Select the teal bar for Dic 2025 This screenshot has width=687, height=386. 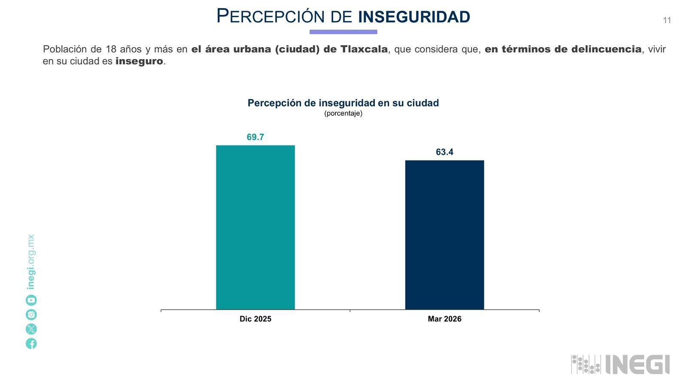255,227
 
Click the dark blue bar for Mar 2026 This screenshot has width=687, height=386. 445,235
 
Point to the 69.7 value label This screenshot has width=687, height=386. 255,137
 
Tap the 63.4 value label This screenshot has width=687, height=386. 445,152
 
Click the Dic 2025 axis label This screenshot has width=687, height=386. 255,319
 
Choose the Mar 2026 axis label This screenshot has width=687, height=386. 445,319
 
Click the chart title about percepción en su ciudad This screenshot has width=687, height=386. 343,103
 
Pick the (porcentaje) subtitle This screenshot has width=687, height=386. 343,113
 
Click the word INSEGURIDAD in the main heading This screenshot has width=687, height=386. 414,17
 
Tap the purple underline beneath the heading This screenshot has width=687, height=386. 343,32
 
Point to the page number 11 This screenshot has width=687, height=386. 667,20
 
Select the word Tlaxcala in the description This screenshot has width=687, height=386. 364,49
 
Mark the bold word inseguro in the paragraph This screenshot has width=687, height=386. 139,61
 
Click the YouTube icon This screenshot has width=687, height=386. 31,300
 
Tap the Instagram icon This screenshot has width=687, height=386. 31,315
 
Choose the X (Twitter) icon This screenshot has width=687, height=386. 31,329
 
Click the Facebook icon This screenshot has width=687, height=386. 31,344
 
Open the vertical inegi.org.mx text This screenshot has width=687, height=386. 31,262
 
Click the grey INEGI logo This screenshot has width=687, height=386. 620,365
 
